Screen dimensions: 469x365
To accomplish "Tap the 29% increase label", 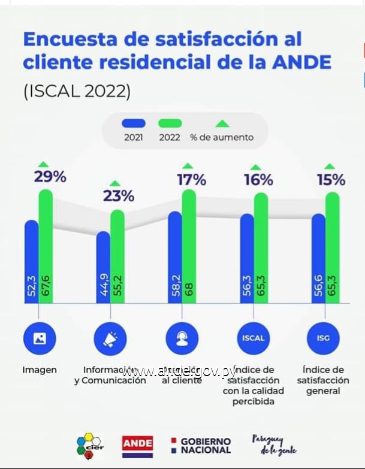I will [51, 177].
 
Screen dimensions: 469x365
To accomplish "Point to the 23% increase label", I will [119, 196].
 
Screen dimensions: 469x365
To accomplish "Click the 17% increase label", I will [191, 179].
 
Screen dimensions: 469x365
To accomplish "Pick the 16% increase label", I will [259, 180].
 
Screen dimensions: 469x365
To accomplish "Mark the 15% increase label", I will [331, 179].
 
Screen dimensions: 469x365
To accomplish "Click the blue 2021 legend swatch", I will [134, 123].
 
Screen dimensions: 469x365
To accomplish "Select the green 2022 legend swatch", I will [170, 123].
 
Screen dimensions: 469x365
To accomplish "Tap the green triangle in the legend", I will [222, 124].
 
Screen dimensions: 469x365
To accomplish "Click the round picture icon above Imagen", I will [40, 338].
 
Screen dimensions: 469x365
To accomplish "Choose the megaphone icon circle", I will [110, 338].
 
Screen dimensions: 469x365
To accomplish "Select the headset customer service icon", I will [182, 338].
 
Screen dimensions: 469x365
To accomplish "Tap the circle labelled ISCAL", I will [253, 338].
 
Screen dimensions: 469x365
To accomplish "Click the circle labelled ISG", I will [324, 338].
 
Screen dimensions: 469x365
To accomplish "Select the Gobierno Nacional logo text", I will [205, 445].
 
